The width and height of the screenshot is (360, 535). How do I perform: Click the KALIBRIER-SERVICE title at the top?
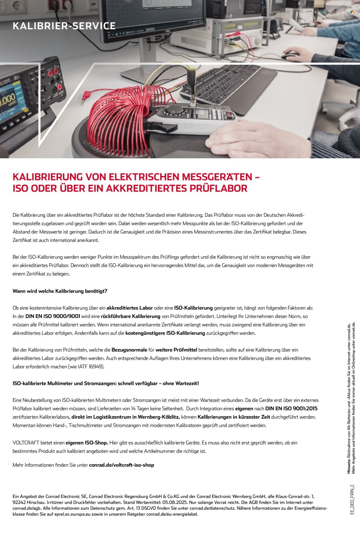(x=64, y=26)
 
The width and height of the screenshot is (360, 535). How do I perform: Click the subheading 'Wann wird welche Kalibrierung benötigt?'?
(x=60, y=291)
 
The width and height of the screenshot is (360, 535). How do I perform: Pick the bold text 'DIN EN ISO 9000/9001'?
(x=53, y=316)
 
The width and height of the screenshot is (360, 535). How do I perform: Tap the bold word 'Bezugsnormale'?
(x=129, y=350)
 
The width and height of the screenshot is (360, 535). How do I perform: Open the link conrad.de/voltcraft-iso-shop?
(x=122, y=465)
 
